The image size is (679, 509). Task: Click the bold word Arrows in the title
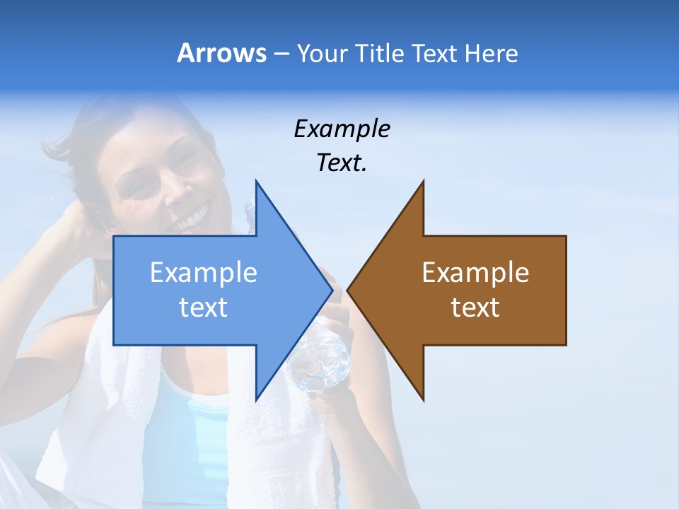coord(222,53)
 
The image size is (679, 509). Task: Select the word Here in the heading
coord(491,53)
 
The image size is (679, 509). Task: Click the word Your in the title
coord(320,53)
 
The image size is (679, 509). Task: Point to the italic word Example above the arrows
coord(342,129)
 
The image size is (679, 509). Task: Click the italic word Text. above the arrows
coord(342,163)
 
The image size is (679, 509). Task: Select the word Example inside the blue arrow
coord(204,272)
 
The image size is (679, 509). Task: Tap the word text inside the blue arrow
coord(204,307)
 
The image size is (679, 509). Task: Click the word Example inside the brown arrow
coord(475,272)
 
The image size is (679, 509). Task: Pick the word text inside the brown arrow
coord(475,307)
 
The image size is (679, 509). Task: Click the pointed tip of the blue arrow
coord(331,290)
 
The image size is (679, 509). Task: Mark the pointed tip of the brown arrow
coord(349,290)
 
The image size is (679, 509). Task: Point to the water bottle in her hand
coord(322,357)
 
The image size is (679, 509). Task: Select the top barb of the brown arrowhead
coord(422,185)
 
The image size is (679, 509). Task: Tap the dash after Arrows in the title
coord(281,54)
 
